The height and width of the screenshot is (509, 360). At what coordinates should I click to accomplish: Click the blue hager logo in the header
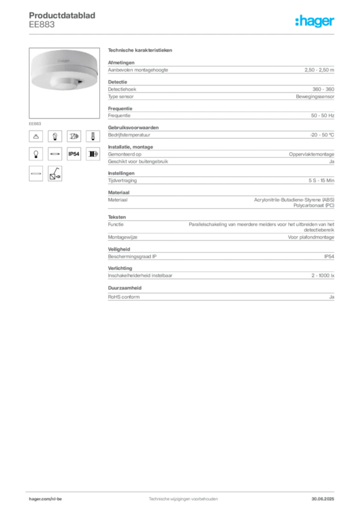(315, 21)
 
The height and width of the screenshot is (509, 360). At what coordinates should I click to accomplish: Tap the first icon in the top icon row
(36, 136)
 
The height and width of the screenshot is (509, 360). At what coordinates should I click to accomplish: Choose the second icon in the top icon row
(55, 136)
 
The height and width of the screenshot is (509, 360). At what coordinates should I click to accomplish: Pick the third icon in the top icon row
(74, 136)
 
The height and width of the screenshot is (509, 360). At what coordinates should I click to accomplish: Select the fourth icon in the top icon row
(92, 136)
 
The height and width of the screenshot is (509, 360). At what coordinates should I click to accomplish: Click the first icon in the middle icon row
(36, 155)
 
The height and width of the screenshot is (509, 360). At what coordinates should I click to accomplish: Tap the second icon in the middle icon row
(55, 155)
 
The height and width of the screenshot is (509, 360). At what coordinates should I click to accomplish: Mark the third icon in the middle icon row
(74, 155)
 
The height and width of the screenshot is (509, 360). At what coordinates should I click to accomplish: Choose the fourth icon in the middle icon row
(92, 155)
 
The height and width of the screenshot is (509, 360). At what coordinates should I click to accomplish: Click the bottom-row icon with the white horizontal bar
(36, 173)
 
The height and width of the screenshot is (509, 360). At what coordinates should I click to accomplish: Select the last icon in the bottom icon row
(55, 173)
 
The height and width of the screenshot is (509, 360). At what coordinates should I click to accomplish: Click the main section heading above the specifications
(141, 51)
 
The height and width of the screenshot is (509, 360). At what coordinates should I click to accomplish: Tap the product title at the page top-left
(62, 15)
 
